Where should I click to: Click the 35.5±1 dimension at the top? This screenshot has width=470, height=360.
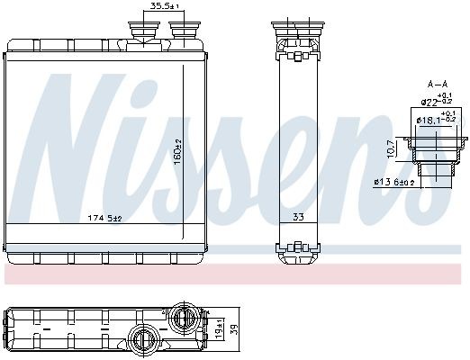(x=165, y=6)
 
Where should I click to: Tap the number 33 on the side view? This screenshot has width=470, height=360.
(x=297, y=217)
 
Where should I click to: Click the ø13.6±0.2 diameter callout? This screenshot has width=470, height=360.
(x=405, y=183)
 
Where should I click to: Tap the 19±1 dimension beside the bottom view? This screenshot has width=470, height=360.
(x=219, y=332)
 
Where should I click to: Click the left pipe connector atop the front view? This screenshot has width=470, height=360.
(x=145, y=31)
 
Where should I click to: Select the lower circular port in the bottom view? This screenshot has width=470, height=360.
(x=145, y=341)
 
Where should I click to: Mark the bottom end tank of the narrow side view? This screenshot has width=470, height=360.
(x=297, y=249)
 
